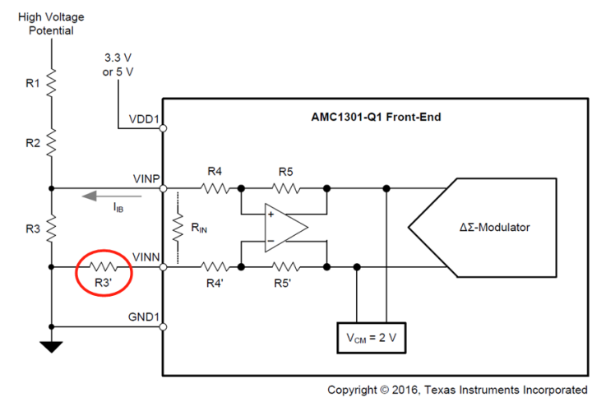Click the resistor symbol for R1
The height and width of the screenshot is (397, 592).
[51, 82]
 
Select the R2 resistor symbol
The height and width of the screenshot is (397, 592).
[51, 142]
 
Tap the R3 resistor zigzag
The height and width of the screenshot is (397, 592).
[51, 226]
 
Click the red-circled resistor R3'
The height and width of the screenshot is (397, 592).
[104, 266]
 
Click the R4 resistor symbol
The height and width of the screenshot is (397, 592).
[215, 187]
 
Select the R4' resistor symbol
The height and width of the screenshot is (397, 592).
[215, 266]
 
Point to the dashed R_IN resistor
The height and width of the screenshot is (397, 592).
[178, 227]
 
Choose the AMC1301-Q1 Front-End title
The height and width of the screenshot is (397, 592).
[370, 117]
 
